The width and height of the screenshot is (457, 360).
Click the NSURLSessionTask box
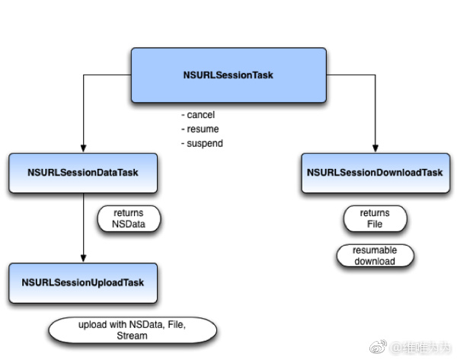tap(228, 75)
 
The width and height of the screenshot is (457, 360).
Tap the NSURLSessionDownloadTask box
tap(375, 173)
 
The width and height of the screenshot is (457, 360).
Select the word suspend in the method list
tap(205, 143)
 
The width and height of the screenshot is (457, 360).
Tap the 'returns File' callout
tap(375, 218)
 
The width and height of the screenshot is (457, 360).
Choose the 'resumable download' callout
tap(375, 256)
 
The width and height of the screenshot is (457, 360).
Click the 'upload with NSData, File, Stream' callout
tap(133, 330)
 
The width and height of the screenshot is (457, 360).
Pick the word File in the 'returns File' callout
tap(375, 225)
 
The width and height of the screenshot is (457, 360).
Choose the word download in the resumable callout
tap(375, 261)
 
